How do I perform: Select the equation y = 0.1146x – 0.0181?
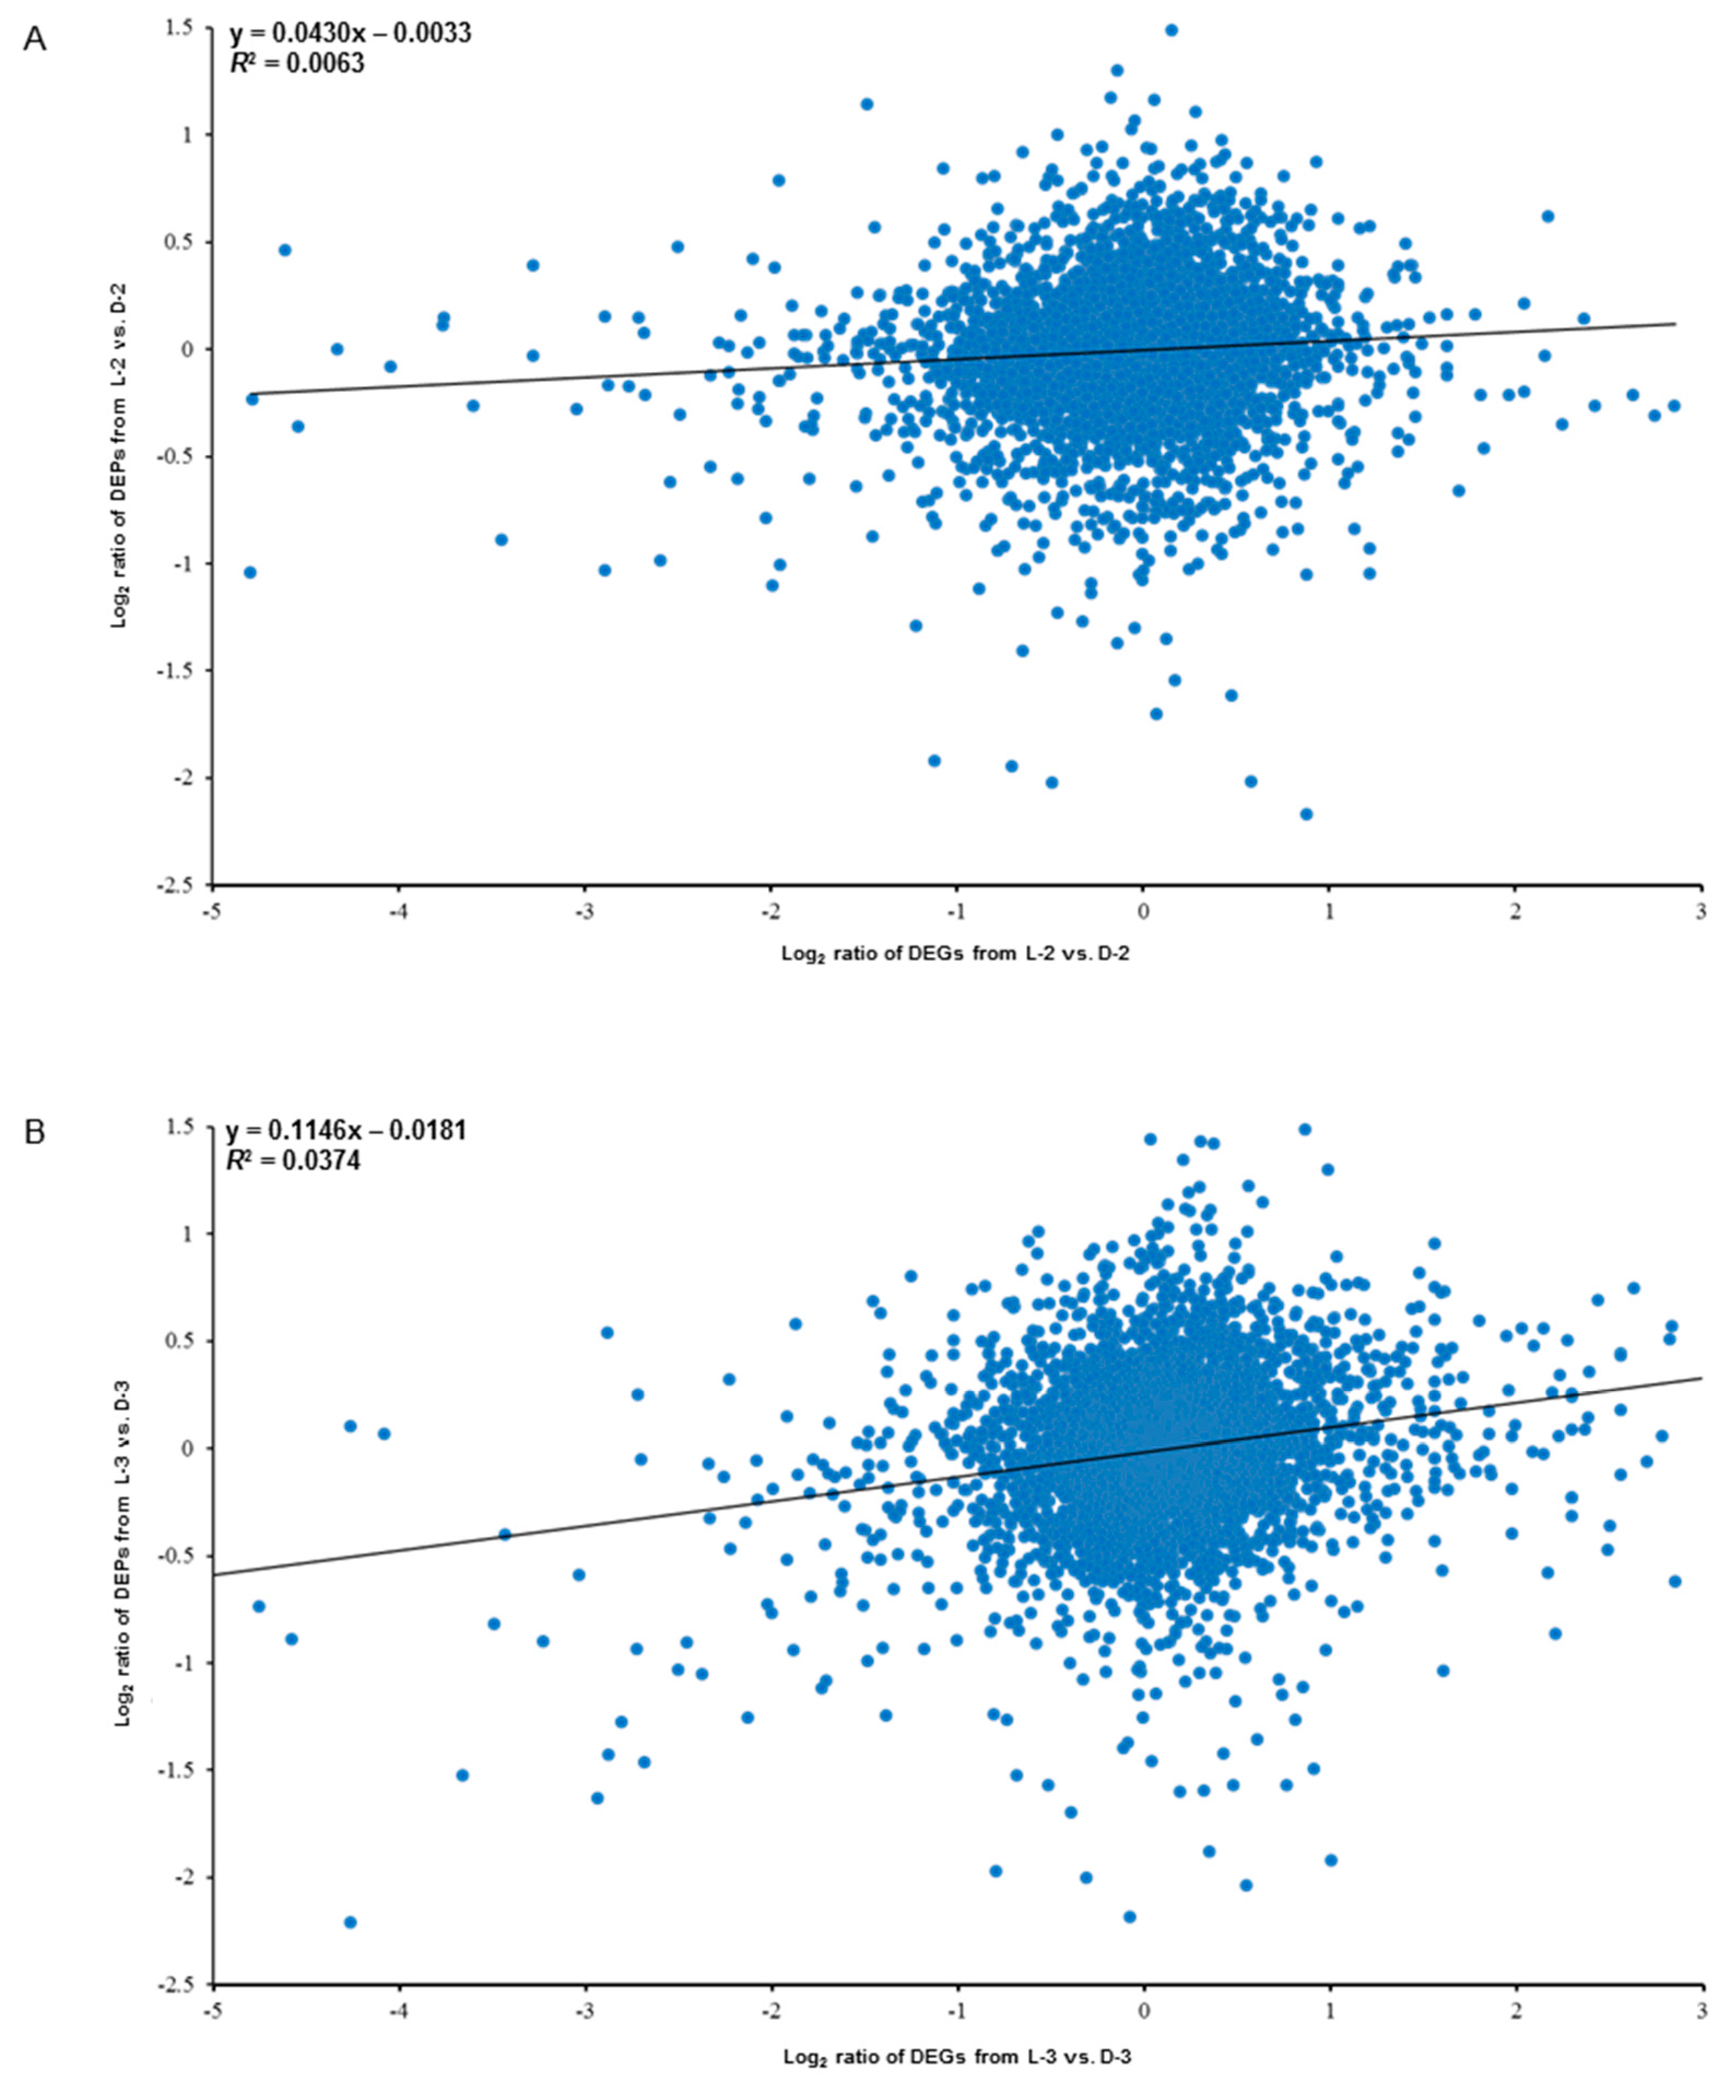346,1131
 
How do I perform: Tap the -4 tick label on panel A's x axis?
398,910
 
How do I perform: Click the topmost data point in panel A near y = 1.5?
1170,30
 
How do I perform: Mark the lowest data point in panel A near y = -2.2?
1305,813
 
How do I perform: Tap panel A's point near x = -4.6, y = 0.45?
284,249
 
